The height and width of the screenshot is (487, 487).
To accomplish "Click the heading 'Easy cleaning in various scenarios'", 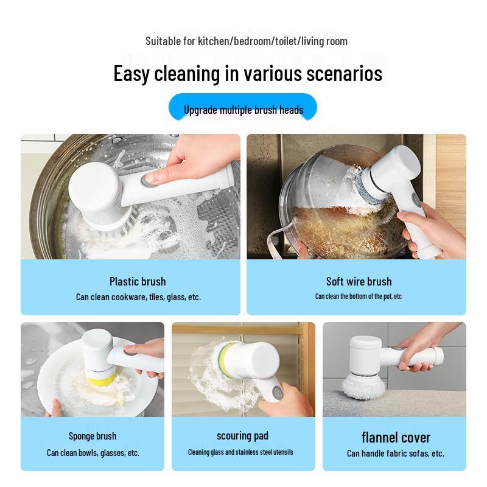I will [248, 74].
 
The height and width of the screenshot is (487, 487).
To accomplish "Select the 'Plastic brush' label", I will [138, 281].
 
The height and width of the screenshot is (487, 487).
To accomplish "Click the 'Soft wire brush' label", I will [359, 281].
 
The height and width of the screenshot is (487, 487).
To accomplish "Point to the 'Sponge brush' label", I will [93, 436].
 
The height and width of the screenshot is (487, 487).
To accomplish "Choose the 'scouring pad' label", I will [242, 436].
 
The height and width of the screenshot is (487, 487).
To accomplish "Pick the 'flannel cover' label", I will [396, 437].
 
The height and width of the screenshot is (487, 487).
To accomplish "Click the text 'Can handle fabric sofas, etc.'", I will [396, 454].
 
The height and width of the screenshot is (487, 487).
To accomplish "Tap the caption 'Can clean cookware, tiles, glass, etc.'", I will [138, 297].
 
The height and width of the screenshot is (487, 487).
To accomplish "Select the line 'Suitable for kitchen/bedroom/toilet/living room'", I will [247, 41].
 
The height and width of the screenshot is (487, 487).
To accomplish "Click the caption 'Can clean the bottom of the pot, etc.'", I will [359, 296].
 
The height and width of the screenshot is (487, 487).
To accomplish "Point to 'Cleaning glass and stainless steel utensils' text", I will [240, 452].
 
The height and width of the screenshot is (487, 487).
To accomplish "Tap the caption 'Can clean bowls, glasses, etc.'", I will [93, 453].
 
